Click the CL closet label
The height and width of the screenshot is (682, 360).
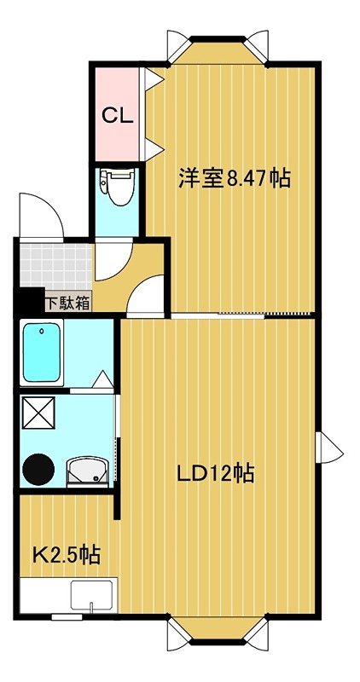(117, 115)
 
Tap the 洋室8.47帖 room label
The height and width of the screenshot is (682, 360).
(235, 178)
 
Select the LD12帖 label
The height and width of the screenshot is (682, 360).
(215, 473)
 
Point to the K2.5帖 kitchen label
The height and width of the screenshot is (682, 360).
(67, 555)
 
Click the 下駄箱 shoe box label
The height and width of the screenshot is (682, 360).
(68, 303)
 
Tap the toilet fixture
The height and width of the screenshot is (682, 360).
(117, 186)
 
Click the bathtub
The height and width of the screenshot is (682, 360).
(41, 353)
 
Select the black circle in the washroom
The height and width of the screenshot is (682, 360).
(38, 470)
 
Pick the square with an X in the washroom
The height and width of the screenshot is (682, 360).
(38, 413)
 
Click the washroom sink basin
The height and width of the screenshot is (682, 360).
(88, 471)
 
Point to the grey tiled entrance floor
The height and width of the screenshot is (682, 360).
(55, 267)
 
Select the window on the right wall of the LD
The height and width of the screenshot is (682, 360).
(329, 448)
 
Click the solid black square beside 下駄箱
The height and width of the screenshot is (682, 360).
(32, 301)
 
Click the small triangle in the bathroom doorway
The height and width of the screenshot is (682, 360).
(103, 379)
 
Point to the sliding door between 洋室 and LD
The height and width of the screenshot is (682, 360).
(241, 315)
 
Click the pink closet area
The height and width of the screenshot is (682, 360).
(117, 114)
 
